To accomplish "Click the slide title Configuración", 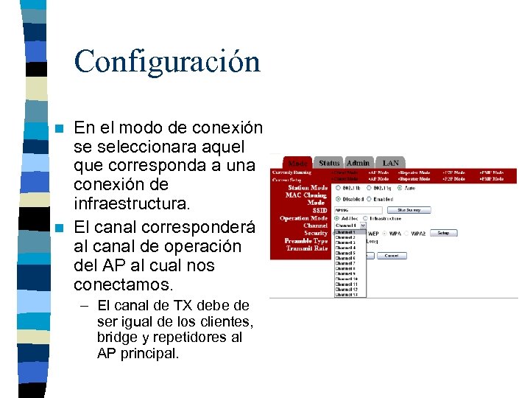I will [x=167, y=61].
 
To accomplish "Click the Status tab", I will [x=329, y=163].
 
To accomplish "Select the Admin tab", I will [x=358, y=163].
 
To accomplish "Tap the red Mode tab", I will [x=298, y=163].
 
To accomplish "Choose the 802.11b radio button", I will [x=338, y=188].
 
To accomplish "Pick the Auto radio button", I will [x=400, y=188].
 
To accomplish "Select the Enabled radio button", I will [x=369, y=199].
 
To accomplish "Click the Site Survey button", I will [x=408, y=210].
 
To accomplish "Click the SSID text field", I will [x=358, y=210].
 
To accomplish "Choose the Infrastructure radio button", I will [x=366, y=218].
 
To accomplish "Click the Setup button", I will [x=443, y=233].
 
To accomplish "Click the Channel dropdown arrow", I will [x=363, y=226].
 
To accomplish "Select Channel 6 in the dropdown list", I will [x=345, y=258].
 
